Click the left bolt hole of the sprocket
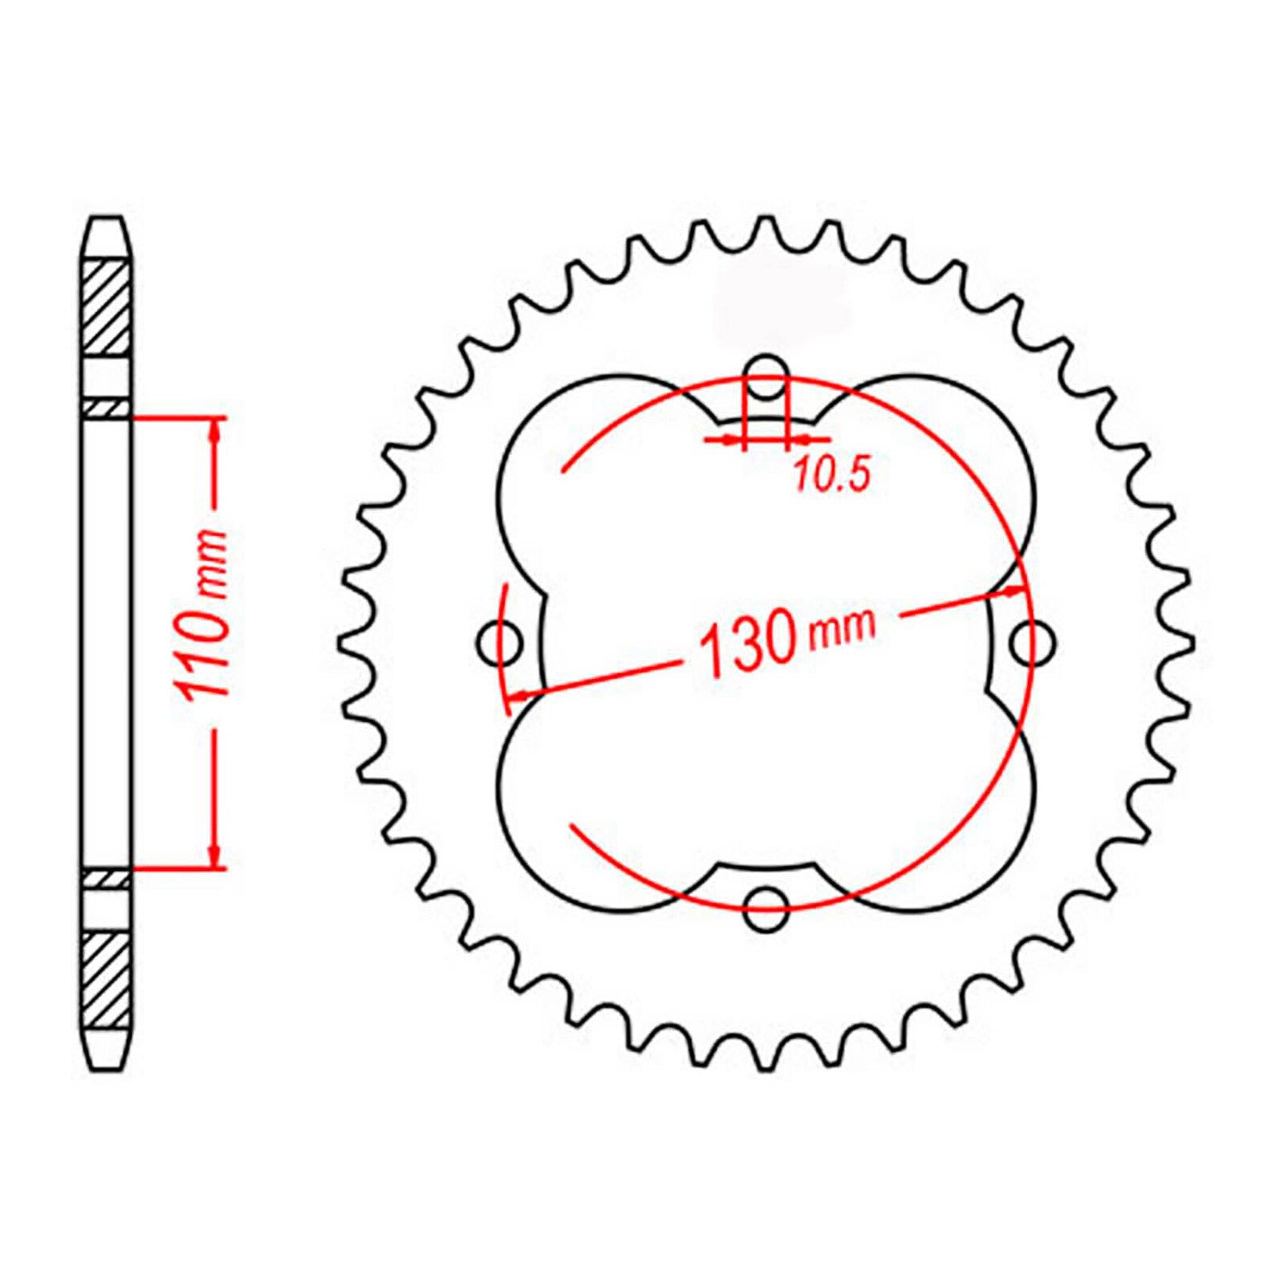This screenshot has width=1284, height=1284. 500,642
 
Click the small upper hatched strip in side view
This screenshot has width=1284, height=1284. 107,408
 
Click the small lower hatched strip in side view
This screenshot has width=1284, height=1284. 107,880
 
